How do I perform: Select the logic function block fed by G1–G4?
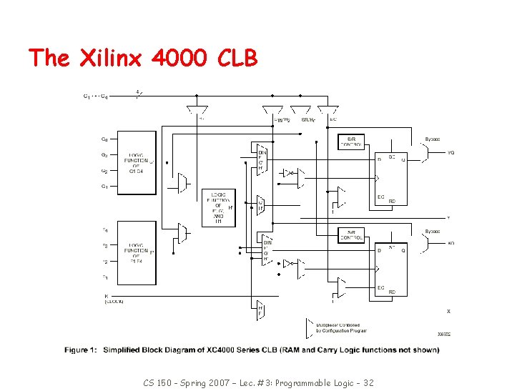(137, 164)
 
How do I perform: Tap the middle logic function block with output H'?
(218, 207)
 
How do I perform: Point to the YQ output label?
(450, 152)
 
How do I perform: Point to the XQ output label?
(450, 243)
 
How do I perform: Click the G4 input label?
(104, 139)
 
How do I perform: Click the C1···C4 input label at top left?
(95, 96)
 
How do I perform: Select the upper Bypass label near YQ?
(433, 140)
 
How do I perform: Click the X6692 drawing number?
(444, 334)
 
